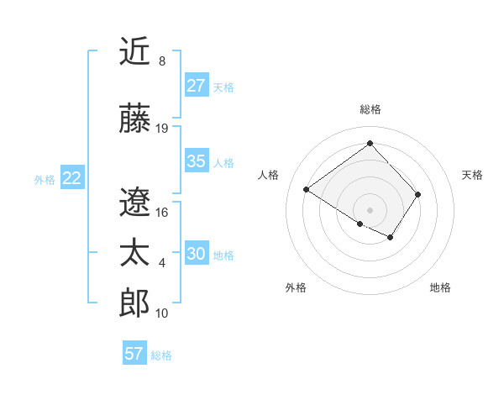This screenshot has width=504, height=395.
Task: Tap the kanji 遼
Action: [134, 202]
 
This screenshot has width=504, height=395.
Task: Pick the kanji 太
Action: [134, 253]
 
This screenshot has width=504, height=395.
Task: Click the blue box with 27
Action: [197, 86]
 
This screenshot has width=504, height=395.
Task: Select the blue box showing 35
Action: [197, 161]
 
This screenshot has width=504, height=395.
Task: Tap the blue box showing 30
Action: [197, 254]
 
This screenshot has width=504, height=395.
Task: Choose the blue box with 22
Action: [72, 178]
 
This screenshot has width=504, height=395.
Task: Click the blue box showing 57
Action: [134, 354]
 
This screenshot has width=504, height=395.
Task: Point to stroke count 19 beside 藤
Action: [162, 129]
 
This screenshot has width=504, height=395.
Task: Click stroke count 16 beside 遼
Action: [162, 212]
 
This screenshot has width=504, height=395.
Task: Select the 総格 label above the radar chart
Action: [370, 109]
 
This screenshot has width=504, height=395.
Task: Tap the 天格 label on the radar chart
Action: [473, 175]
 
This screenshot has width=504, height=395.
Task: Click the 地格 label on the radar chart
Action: [440, 287]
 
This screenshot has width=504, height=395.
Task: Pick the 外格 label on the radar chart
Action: [296, 287]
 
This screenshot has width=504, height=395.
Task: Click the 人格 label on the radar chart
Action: [269, 175]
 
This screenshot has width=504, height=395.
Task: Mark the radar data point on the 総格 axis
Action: [370, 143]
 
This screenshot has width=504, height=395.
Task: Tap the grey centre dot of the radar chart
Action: [370, 208]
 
